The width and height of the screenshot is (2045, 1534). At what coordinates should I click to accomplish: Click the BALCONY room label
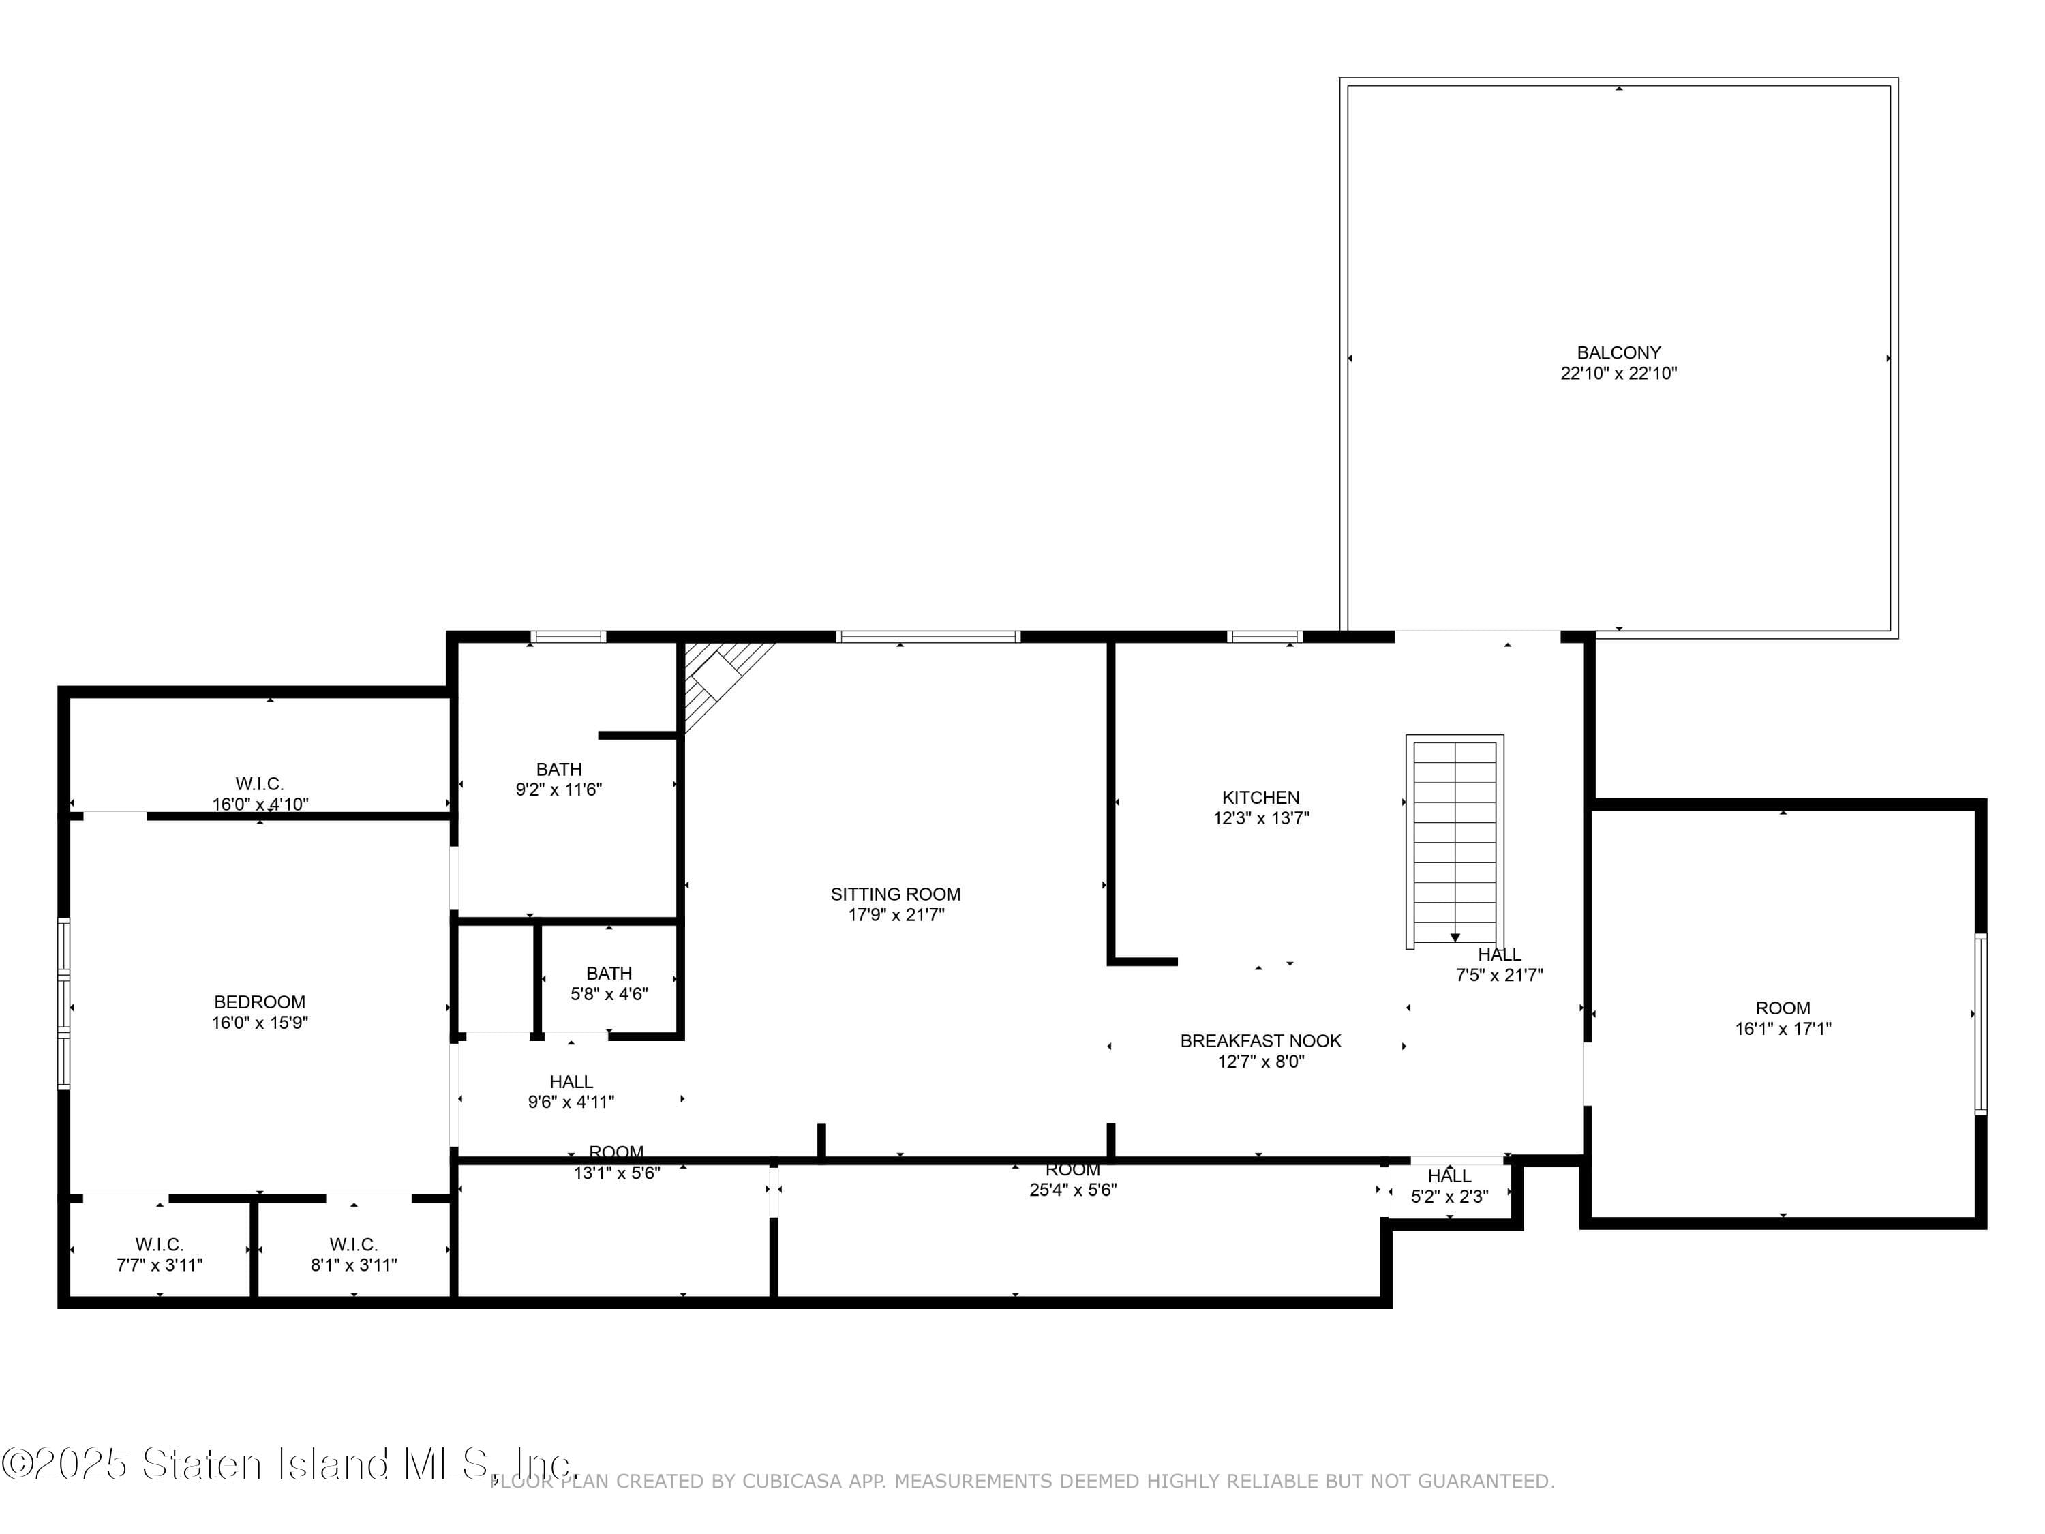click(x=1618, y=352)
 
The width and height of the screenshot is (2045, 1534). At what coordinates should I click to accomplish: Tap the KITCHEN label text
click(x=1260, y=797)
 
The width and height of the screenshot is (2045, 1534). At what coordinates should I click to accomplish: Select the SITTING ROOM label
click(x=895, y=894)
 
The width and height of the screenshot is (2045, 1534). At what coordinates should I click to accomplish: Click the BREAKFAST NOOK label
click(x=1260, y=1040)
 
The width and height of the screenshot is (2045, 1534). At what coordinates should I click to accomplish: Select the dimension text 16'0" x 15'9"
click(x=259, y=1023)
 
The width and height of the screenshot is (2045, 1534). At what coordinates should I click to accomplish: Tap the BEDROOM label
click(x=259, y=1002)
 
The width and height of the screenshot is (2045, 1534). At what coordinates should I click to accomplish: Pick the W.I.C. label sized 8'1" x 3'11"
click(x=353, y=1244)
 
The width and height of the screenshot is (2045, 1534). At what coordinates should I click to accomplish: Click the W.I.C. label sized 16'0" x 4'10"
click(x=259, y=784)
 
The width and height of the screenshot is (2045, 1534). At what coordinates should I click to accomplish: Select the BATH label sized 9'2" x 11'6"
click(x=558, y=769)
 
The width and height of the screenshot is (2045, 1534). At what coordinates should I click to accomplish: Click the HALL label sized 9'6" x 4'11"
click(x=571, y=1082)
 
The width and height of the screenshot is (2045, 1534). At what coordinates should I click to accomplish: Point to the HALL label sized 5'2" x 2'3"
click(x=1449, y=1176)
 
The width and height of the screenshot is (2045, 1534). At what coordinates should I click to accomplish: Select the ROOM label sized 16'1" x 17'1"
click(x=1783, y=1008)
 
